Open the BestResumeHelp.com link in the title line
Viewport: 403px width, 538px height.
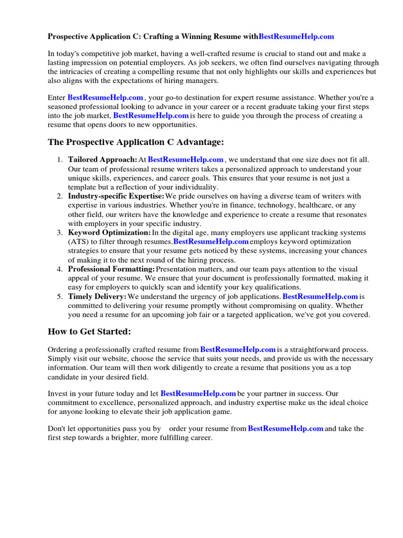point(296,37)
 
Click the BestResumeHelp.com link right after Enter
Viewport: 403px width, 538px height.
point(105,98)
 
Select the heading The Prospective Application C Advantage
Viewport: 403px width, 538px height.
point(136,142)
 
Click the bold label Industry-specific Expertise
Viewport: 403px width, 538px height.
point(116,196)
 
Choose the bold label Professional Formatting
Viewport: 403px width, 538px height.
point(111,270)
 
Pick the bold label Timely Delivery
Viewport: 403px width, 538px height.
point(97,297)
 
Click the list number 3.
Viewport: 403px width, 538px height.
point(60,233)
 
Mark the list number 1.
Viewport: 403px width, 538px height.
point(60,159)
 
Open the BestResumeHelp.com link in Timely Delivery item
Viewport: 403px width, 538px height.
point(320,297)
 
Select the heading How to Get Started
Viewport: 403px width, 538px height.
point(89,332)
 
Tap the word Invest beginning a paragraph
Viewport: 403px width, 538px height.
point(58,394)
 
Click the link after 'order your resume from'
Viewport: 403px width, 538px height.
point(285,429)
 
